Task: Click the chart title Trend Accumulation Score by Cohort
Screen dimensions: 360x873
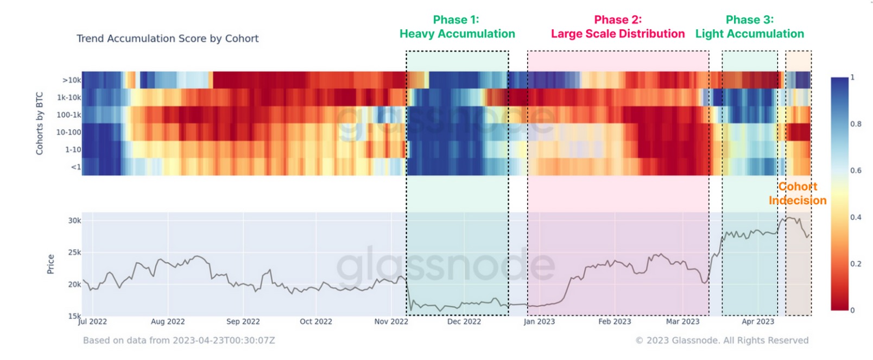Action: [x=167, y=39]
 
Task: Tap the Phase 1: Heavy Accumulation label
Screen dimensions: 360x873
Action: [x=457, y=27]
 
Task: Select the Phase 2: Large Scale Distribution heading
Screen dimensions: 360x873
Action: [x=618, y=27]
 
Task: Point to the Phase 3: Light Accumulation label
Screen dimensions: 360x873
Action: [x=749, y=27]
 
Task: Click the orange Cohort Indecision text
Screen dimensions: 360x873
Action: [x=798, y=193]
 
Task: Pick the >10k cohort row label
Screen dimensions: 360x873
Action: [x=72, y=80]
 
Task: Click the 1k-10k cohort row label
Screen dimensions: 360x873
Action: [x=69, y=98]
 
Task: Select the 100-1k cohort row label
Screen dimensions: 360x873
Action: [x=69, y=115]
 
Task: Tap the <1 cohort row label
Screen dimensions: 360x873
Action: [x=76, y=167]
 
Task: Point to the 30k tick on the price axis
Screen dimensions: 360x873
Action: [x=74, y=220]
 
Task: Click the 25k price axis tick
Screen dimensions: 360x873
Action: [x=74, y=252]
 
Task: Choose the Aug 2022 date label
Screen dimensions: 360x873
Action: [x=168, y=321]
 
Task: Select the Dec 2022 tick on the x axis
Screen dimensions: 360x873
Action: [x=464, y=321]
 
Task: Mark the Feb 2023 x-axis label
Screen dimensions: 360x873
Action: [x=615, y=321]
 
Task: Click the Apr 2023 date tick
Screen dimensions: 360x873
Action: [x=758, y=321]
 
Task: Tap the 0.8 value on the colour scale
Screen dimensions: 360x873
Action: [x=856, y=124]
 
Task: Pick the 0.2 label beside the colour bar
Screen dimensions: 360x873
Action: [x=856, y=264]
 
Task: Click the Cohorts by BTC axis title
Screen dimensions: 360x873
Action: [x=40, y=123]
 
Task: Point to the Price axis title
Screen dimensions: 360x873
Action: [x=51, y=264]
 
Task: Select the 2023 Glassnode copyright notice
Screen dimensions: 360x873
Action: [x=722, y=340]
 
